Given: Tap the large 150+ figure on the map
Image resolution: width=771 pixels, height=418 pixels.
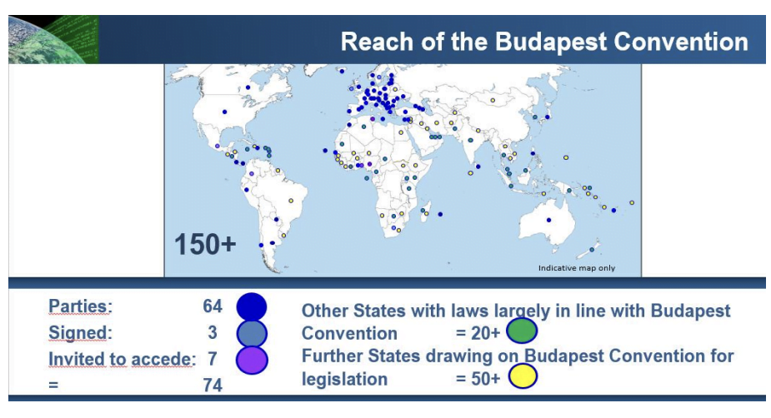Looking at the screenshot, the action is (205, 245).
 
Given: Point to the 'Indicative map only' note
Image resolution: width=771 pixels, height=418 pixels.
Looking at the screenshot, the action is (576, 268).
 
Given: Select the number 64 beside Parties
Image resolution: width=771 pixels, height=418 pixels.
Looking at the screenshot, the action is (213, 306).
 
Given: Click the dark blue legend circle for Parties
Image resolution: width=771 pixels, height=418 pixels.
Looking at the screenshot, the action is (251, 307).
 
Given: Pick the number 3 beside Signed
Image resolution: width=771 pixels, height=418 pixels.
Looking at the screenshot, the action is (213, 332).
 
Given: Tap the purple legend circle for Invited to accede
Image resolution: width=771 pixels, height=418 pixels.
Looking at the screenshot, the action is (252, 360).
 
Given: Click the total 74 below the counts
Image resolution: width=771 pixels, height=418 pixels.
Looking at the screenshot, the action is (213, 385).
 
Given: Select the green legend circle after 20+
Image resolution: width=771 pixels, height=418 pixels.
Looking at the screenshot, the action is (522, 331).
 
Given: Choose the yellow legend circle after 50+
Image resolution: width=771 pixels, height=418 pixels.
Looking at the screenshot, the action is (522, 376).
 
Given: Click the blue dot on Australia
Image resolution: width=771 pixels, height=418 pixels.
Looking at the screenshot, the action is (548, 220).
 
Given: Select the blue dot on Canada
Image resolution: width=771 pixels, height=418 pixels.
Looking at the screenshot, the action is (248, 87).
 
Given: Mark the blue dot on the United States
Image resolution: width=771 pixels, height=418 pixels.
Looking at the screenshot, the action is (225, 112).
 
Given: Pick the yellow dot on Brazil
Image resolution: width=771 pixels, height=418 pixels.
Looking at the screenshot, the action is (291, 201).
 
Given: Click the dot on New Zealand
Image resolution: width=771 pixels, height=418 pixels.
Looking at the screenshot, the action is (592, 250).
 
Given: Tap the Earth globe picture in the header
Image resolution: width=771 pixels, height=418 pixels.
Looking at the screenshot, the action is (53, 39).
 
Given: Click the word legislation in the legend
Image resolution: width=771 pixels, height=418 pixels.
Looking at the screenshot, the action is (344, 379).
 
